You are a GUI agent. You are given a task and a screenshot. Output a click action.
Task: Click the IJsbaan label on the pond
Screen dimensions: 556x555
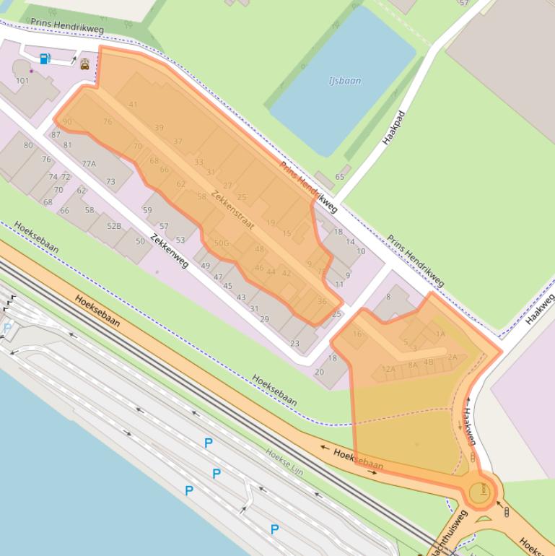click(345, 81)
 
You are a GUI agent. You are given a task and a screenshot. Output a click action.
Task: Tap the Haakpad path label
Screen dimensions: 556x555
click(395, 128)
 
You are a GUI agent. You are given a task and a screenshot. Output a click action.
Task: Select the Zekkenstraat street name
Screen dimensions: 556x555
click(233, 211)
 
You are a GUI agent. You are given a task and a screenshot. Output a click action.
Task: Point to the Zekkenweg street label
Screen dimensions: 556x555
click(170, 251)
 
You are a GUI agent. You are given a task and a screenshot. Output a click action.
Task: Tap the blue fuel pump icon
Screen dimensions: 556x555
click(45, 58)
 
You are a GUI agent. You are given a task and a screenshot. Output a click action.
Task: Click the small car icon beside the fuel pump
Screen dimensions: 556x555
click(85, 64)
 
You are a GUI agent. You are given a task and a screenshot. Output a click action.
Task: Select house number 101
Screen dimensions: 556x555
click(22, 81)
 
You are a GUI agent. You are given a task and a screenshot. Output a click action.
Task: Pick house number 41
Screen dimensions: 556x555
click(133, 105)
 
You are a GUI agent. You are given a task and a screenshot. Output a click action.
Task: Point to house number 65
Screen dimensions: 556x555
click(340, 177)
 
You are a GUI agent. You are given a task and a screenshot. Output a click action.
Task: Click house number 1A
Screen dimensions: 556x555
click(440, 334)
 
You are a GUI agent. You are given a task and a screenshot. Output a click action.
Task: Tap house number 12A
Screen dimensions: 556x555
click(388, 369)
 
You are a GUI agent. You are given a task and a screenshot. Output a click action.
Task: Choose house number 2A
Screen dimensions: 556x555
click(453, 357)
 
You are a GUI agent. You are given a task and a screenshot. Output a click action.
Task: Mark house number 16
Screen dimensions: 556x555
click(357, 334)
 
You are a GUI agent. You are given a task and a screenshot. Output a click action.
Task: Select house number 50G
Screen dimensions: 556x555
click(221, 243)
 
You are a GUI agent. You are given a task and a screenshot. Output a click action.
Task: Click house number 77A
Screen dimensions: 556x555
click(89, 164)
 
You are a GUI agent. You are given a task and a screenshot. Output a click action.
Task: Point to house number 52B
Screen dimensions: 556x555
click(114, 227)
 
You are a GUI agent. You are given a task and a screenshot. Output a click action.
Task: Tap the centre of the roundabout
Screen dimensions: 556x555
click(479, 492)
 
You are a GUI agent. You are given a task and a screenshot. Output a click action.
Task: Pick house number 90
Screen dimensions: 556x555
click(67, 122)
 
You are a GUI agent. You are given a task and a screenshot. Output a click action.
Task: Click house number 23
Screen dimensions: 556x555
click(294, 344)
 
